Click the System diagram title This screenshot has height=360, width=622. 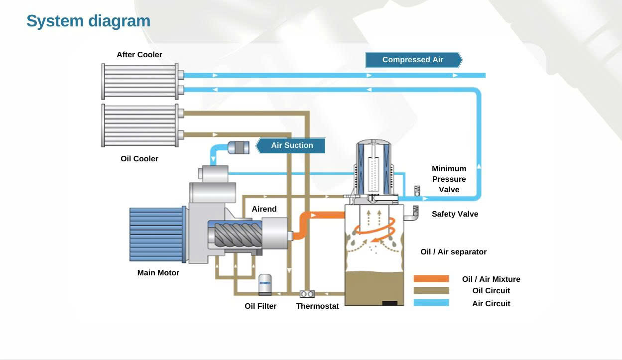(x=88, y=21)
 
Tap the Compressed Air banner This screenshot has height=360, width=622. (x=413, y=60)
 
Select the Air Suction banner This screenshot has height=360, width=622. (x=292, y=145)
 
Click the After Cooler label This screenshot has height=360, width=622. (x=139, y=55)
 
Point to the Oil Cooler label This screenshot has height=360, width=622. (x=139, y=159)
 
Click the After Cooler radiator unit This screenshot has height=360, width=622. (x=140, y=82)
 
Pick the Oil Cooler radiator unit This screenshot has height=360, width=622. (x=140, y=125)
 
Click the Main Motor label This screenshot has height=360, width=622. (x=158, y=273)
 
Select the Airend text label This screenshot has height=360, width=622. (x=264, y=209)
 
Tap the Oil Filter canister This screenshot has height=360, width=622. (x=265, y=284)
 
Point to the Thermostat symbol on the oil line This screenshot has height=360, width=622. (x=307, y=294)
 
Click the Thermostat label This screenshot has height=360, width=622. (x=317, y=306)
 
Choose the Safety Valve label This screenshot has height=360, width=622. (x=455, y=214)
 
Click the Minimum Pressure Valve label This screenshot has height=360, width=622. (x=449, y=179)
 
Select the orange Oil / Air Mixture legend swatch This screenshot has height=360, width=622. (x=431, y=279)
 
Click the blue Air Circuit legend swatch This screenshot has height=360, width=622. (x=431, y=303)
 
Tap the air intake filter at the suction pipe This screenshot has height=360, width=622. (x=239, y=147)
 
